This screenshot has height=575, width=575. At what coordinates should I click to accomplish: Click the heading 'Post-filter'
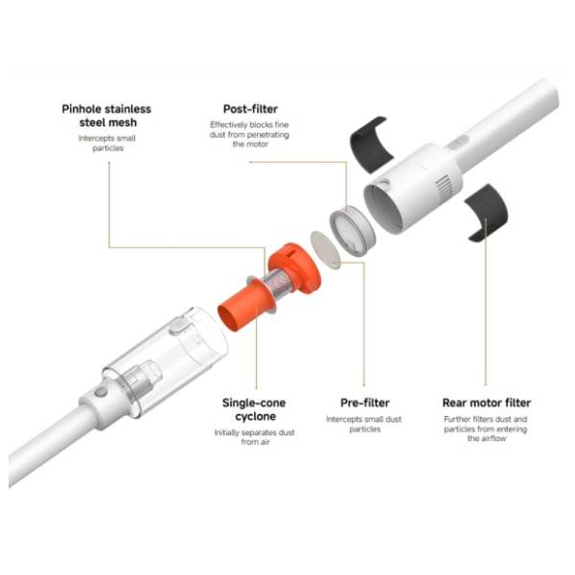(250, 109)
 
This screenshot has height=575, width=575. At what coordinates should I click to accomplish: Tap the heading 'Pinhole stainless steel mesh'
(106, 116)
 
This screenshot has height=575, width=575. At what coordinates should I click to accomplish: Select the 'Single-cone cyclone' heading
(254, 409)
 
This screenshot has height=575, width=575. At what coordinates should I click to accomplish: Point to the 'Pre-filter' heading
(365, 402)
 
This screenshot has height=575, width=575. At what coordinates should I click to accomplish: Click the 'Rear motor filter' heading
(487, 402)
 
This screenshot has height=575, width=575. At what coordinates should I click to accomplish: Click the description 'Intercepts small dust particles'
(364, 424)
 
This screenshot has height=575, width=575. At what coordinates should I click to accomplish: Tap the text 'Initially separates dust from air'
(255, 437)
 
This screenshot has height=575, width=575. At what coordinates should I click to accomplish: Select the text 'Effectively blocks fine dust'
(249, 129)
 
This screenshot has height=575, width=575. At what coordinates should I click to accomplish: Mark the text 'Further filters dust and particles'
(486, 424)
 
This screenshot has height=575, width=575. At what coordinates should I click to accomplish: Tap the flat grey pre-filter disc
(325, 249)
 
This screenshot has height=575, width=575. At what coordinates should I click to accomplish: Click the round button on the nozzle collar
(101, 392)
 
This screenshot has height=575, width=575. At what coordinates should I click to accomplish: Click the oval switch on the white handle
(458, 143)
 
